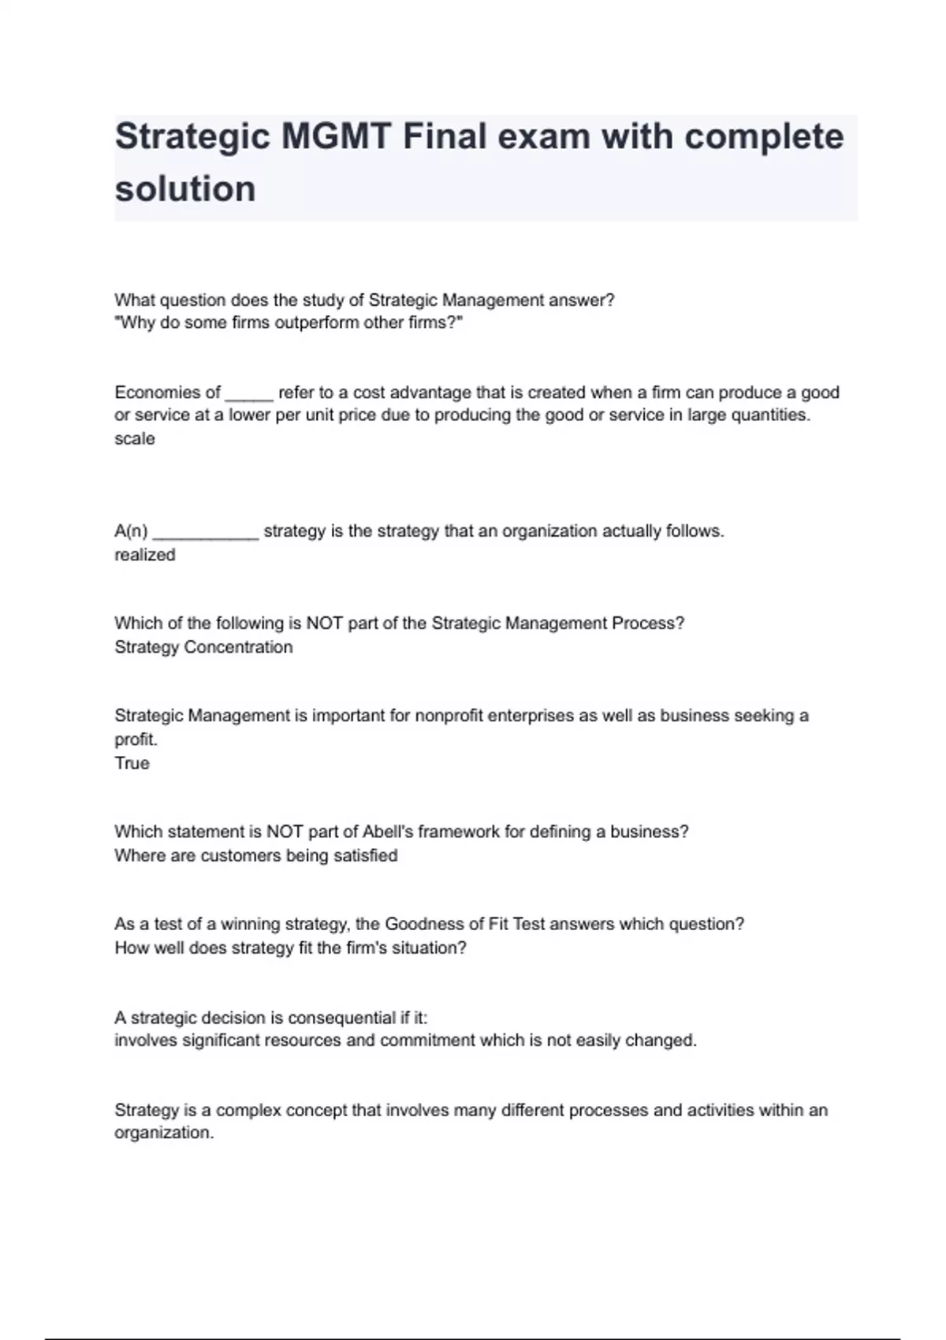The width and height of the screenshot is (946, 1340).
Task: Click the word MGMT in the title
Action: coord(336,137)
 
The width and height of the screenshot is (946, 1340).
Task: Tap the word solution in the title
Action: coord(185,189)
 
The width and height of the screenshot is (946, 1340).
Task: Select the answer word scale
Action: coord(135,439)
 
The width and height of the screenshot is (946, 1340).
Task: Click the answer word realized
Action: coord(145,555)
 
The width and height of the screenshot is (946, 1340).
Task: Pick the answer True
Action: coord(132,763)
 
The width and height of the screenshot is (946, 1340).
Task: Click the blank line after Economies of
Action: coord(249,393)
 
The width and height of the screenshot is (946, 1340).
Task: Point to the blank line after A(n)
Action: coord(206,532)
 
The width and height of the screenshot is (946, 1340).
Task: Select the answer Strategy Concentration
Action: coord(203,647)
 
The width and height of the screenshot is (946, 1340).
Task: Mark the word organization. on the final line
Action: coord(164,1133)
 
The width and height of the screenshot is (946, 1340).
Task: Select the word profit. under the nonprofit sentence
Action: coord(136,739)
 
